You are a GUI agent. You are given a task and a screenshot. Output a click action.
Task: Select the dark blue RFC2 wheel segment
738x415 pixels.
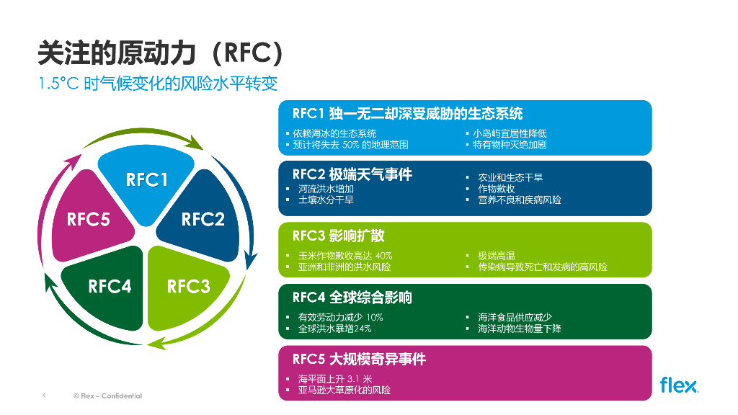point(203,220)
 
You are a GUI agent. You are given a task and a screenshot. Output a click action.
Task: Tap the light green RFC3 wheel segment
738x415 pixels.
point(188,287)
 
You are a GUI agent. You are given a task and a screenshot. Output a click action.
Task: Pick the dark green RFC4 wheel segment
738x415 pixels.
point(110,287)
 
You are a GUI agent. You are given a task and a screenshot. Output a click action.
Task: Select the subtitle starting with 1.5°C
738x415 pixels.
point(158,83)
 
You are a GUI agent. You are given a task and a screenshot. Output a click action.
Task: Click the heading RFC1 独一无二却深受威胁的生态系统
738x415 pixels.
point(407,114)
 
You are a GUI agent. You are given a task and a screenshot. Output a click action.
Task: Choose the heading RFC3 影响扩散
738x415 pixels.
point(338,236)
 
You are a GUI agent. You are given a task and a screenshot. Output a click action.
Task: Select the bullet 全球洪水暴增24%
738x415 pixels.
point(334,329)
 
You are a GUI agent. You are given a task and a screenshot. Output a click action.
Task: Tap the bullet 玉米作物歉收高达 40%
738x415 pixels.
point(344,256)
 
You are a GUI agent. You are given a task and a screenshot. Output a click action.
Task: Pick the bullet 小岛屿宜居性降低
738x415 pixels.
point(510,133)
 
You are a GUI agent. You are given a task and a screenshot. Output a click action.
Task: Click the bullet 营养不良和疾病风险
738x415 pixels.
point(519,200)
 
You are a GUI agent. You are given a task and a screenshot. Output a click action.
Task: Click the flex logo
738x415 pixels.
point(678,385)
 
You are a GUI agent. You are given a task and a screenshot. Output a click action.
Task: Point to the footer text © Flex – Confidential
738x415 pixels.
point(107,396)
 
